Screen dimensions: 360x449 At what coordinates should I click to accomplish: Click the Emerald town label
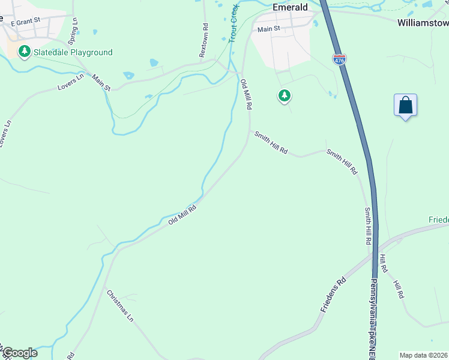290,7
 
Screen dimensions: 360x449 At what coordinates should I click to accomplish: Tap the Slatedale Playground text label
74,52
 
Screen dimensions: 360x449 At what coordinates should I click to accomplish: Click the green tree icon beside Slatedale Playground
25,52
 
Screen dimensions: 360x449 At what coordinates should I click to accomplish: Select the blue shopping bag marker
405,106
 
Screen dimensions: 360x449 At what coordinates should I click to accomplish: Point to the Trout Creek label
233,25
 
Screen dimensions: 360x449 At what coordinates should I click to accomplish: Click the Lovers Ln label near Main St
71,83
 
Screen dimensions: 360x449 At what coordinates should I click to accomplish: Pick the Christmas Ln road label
120,306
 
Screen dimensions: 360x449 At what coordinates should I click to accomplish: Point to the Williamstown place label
423,23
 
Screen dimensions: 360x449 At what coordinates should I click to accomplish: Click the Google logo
19,353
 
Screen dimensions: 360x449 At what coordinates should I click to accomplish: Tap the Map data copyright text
423,355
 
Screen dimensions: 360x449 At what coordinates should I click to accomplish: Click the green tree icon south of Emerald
284,95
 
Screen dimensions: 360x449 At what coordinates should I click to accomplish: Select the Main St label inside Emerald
269,29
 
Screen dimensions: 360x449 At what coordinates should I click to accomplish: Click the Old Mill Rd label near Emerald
246,94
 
